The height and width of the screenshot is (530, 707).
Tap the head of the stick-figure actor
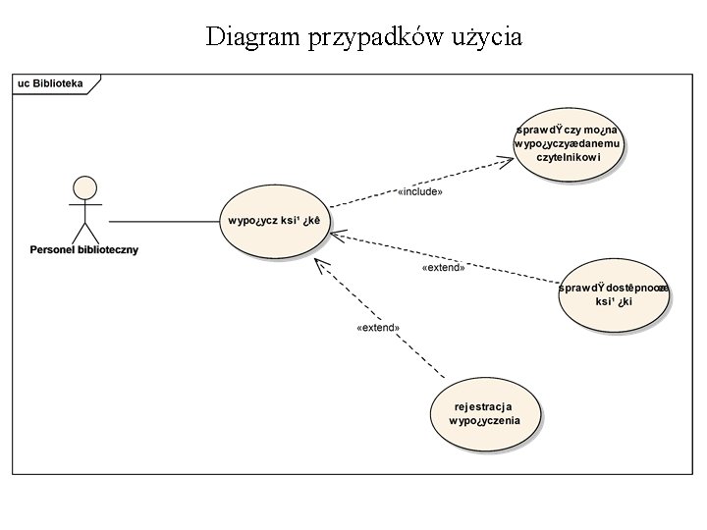click(x=84, y=186)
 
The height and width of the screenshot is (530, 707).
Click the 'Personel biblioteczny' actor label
click(x=85, y=249)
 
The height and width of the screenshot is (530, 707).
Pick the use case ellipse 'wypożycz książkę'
click(x=275, y=221)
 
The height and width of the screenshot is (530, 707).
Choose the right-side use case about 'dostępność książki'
click(x=614, y=294)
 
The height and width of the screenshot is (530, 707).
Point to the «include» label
click(x=419, y=191)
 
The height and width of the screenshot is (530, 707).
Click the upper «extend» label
click(x=443, y=267)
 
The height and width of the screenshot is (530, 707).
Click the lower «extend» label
click(x=377, y=328)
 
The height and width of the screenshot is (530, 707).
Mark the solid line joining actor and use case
click(x=163, y=221)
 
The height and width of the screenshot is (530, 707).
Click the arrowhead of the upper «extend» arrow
click(x=337, y=235)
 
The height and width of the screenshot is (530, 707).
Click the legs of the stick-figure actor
click(x=85, y=233)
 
